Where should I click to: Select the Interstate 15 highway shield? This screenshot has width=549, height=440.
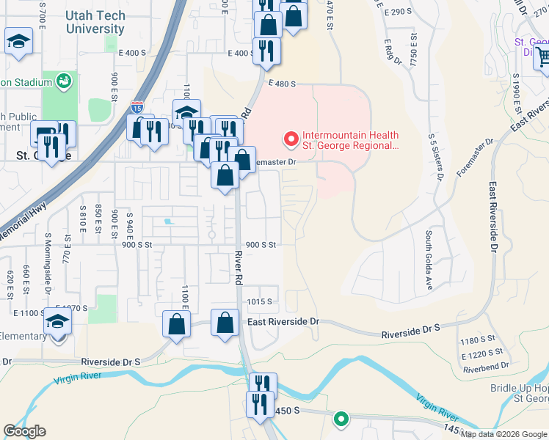click(x=137, y=107)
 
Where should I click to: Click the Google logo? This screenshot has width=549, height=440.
click(x=24, y=431)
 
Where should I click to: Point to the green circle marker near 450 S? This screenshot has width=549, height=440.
click(x=341, y=419)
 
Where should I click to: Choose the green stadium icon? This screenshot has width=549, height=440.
click(x=63, y=79)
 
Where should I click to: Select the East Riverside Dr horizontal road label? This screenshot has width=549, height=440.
click(x=283, y=322)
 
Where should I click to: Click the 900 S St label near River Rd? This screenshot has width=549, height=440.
click(x=261, y=244)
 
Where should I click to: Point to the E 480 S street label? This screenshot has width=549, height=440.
click(x=282, y=84)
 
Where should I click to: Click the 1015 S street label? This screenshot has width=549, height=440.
click(x=260, y=301)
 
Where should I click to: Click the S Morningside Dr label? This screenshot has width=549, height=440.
click(x=48, y=260)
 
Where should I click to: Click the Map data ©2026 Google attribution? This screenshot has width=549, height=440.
click(x=503, y=434)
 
